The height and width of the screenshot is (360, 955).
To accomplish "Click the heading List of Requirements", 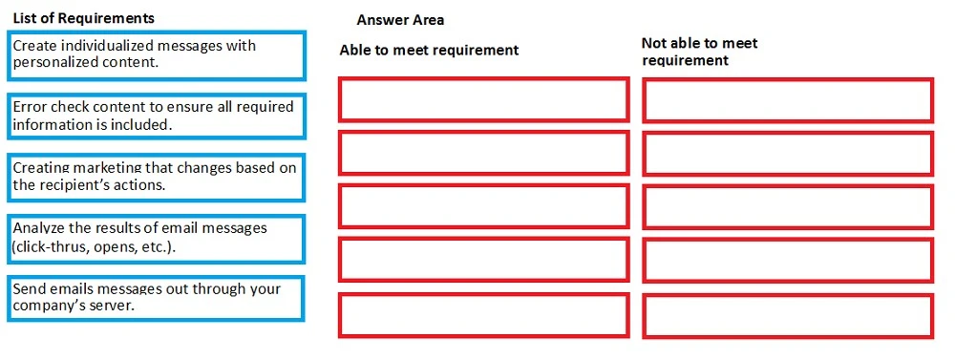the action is pos(83,18).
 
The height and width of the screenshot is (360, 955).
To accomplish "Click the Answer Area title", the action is pos(400,20).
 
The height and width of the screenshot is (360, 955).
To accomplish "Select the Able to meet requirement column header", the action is pos(429,50).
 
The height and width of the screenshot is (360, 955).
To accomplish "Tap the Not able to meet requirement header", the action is pos(700,52).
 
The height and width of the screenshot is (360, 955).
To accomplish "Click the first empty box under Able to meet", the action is pos(483,99).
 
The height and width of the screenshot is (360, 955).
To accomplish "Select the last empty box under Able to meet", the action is pos(483,315).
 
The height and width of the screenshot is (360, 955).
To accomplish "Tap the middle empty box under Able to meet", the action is pos(483,206).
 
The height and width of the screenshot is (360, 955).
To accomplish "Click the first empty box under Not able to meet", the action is pos(788,99).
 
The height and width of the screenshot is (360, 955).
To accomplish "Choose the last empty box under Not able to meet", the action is pos(788,315).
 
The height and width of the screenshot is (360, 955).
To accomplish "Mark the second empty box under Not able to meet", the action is pos(788,153).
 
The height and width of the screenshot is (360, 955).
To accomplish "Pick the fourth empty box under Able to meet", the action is pos(483,260).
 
